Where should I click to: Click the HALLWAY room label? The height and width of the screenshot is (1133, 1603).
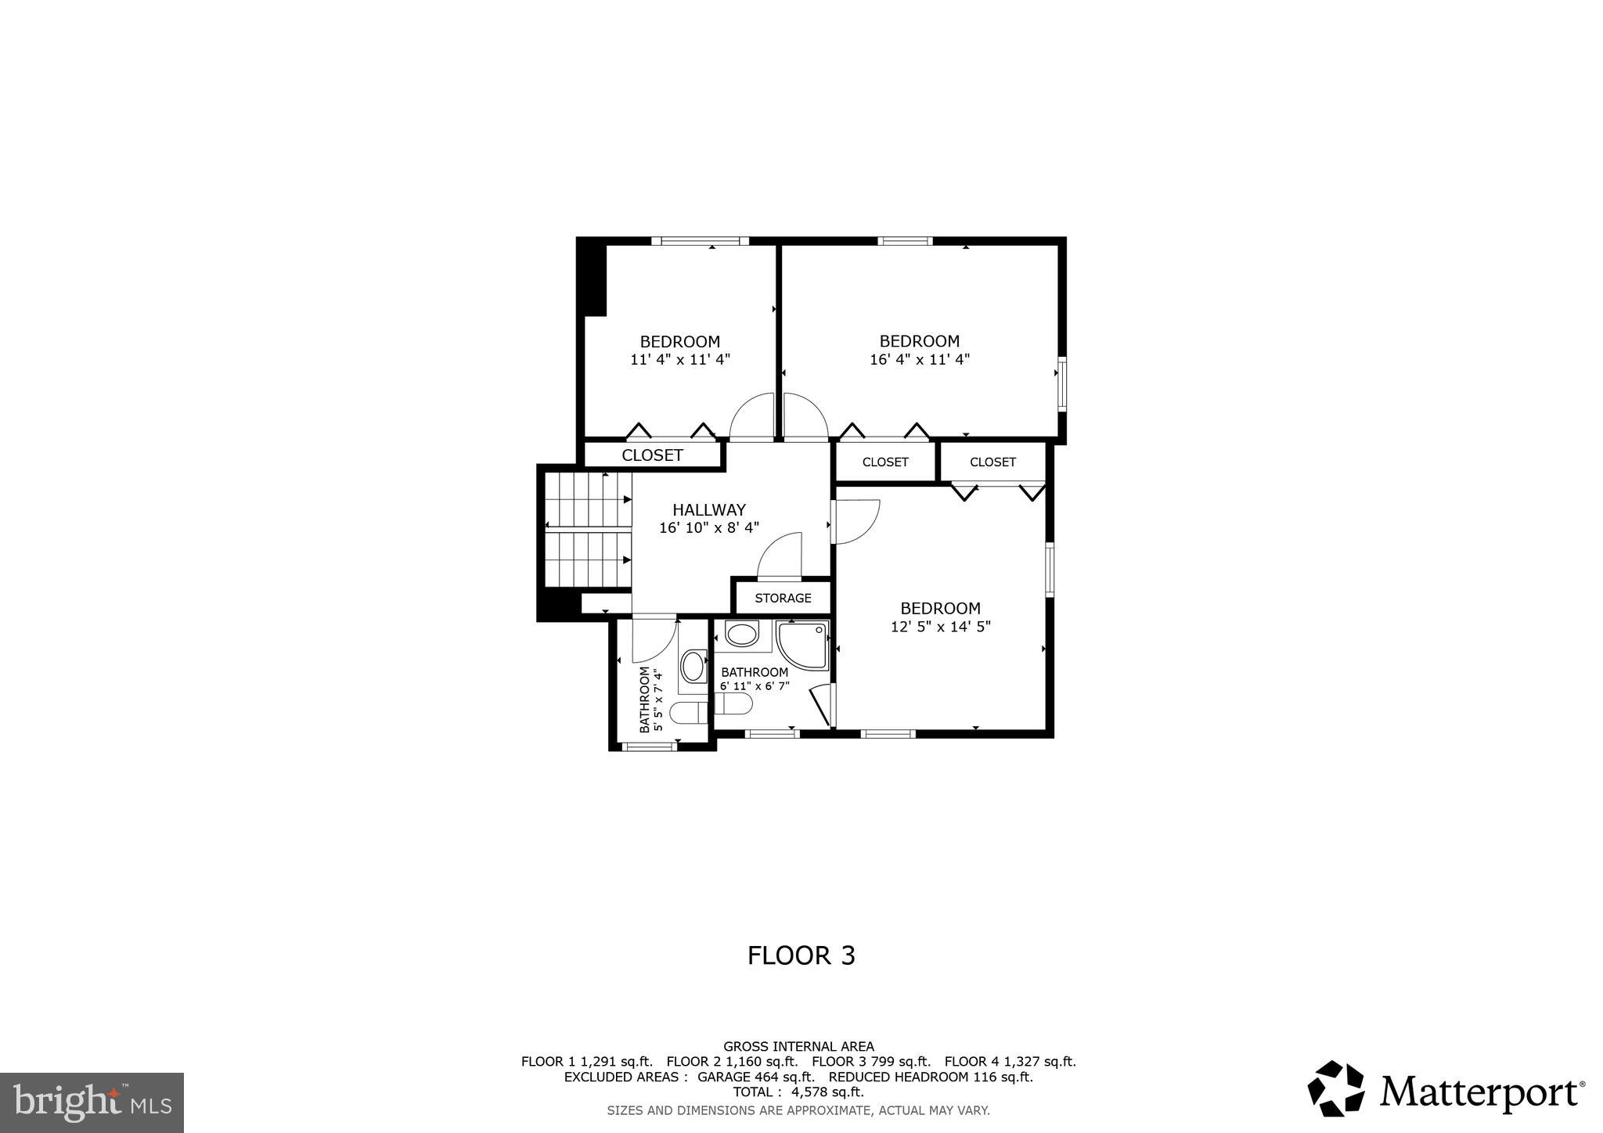click(709, 510)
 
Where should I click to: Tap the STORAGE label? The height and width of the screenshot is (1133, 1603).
click(783, 599)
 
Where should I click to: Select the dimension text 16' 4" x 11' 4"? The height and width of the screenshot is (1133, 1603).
click(920, 360)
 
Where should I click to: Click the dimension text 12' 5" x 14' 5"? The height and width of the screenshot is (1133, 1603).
click(941, 627)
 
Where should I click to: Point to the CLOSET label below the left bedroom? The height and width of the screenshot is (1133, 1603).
click(652, 455)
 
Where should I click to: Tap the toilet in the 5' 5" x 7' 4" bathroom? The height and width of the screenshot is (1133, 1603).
click(689, 713)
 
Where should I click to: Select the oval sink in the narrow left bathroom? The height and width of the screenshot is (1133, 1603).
click(693, 667)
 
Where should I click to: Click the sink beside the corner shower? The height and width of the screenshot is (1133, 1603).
click(742, 634)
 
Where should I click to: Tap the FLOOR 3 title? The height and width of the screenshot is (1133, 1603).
click(801, 955)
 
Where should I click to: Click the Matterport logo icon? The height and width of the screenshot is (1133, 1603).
click(1336, 1088)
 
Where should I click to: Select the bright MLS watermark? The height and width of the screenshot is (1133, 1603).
click(92, 1102)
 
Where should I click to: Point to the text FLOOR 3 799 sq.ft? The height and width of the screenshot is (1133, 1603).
click(870, 1062)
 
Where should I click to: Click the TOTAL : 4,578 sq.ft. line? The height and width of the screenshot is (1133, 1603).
click(798, 1092)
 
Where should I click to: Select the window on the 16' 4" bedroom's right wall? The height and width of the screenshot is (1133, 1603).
click(1062, 383)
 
